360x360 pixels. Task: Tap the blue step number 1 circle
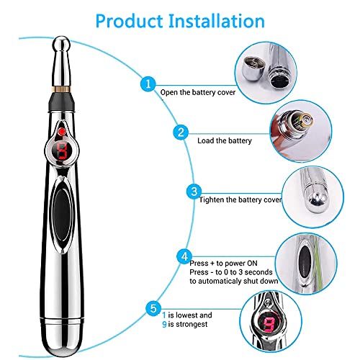148,85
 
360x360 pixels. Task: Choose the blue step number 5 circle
151,309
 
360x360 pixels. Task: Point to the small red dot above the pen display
63,132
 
